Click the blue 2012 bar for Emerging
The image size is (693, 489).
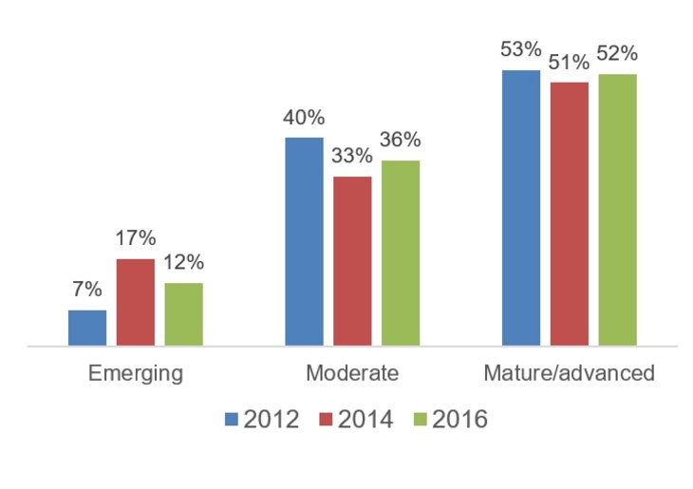(87, 329)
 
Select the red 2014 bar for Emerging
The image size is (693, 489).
(136, 303)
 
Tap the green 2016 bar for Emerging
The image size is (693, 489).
(183, 314)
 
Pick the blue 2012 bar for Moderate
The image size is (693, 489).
(304, 242)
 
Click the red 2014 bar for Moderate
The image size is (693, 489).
(352, 261)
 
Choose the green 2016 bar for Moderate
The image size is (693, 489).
(401, 254)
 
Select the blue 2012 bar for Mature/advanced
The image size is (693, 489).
(521, 208)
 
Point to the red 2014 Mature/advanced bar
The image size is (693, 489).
(570, 215)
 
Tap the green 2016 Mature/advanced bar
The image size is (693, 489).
(617, 211)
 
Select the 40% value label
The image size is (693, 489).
(304, 119)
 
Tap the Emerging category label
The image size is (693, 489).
(135, 372)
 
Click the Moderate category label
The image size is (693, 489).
(352, 372)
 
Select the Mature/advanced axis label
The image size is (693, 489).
(569, 372)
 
